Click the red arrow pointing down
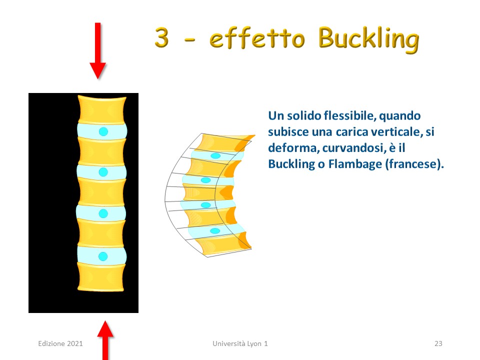[x=97, y=50]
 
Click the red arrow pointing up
[x=105, y=340]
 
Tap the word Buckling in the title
[x=368, y=40]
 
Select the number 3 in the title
[x=161, y=37]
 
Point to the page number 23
[x=438, y=343]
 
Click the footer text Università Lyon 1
[x=240, y=343]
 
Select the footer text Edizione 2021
[x=60, y=343]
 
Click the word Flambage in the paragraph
[x=355, y=164]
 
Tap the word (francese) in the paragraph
[x=414, y=164]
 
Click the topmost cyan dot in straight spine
[x=103, y=131]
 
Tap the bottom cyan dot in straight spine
[x=103, y=256]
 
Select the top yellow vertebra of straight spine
[x=102, y=109]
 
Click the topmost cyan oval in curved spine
[x=215, y=156]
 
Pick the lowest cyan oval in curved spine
[x=215, y=230]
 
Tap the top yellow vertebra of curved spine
[x=225, y=142]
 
